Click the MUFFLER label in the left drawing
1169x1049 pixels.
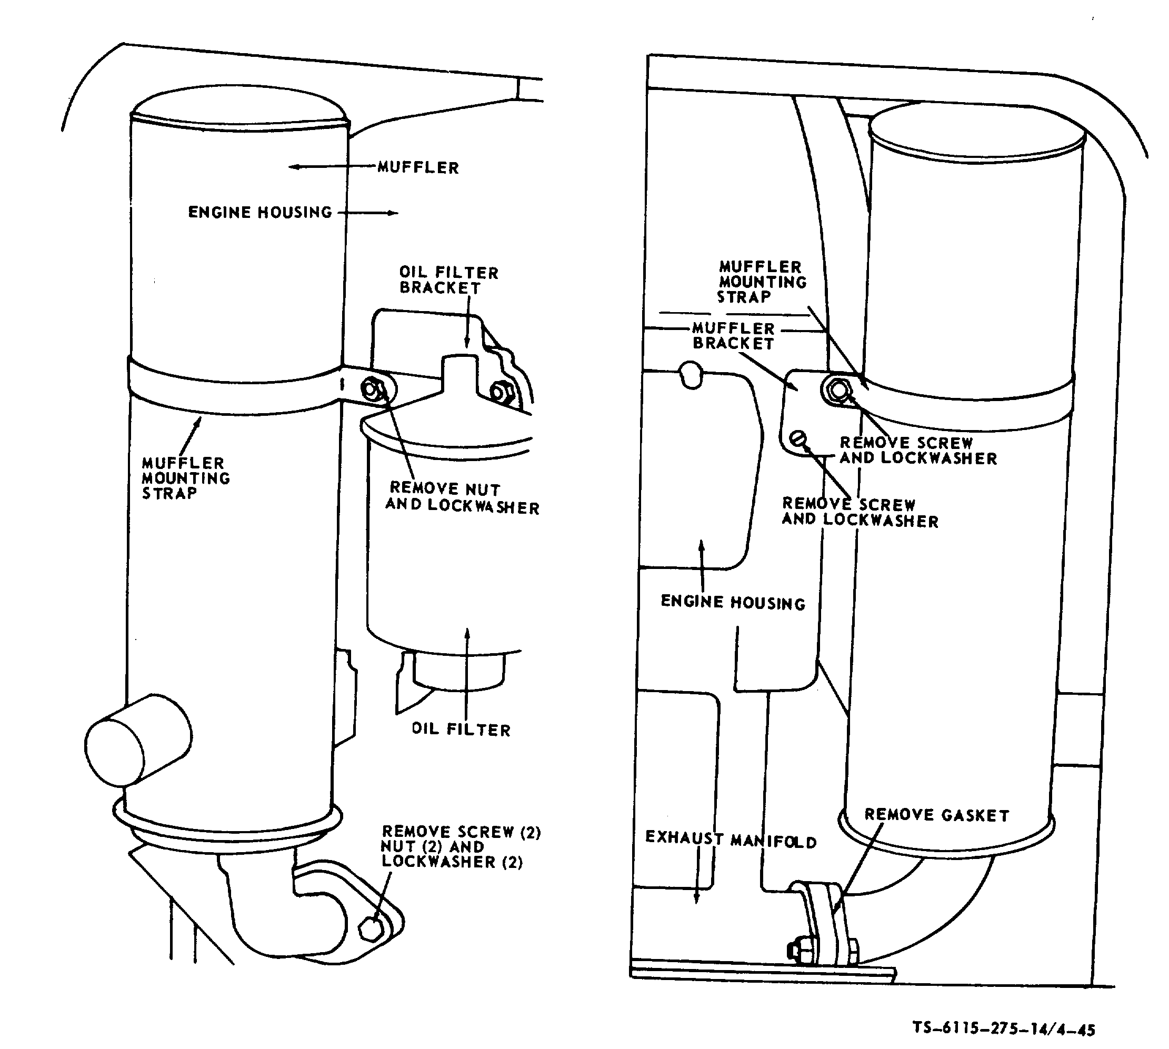pos(418,168)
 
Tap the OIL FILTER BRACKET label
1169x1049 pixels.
pos(448,280)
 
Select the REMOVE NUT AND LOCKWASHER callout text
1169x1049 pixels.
pos(462,497)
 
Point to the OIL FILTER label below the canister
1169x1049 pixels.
pos(461,730)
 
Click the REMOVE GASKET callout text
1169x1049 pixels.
pos(937,815)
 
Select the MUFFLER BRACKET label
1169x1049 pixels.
pos(733,336)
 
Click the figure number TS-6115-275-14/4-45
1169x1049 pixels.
pos(1004,1029)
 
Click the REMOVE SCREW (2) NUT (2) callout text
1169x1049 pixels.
pos(461,847)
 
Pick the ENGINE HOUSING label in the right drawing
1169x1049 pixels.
pos(733,602)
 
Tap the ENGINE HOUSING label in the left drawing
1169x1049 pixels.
pos(260,212)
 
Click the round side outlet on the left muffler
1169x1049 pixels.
pos(138,740)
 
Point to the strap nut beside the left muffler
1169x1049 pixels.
pos(372,390)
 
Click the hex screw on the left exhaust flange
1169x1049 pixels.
pos(370,930)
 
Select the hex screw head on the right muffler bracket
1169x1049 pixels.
pos(836,390)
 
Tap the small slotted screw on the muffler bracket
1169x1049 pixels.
pos(798,439)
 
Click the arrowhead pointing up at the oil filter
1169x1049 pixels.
pos(467,633)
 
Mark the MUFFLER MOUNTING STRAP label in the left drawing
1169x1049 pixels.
pos(186,478)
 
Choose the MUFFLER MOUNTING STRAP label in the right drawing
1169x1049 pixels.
pos(762,282)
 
